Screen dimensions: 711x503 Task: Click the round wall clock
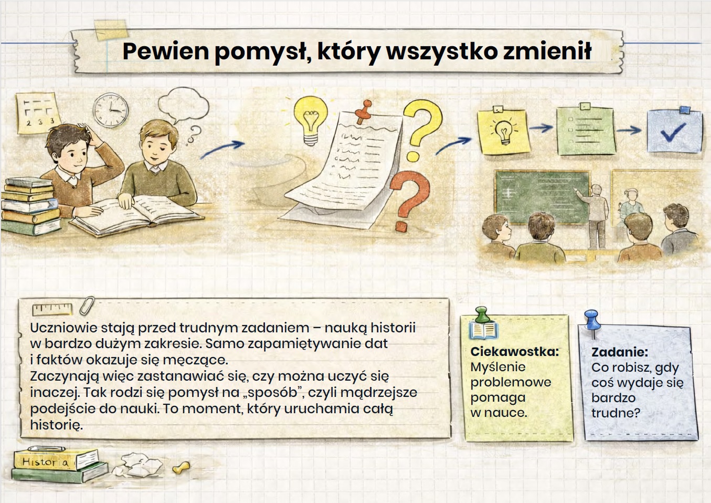[111, 110]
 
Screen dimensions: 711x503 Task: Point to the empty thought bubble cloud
[183, 105]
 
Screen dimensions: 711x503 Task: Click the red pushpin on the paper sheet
[364, 112]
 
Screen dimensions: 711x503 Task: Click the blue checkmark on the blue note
[673, 132]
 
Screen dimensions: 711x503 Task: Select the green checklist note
[586, 130]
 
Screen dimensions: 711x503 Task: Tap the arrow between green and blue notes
[629, 130]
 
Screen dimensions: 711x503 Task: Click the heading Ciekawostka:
[515, 352]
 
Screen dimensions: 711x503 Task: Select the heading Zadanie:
[620, 352]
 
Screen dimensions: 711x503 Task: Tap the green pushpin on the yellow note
[482, 315]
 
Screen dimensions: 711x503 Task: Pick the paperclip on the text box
[87, 306]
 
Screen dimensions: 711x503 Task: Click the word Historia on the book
[45, 462]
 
